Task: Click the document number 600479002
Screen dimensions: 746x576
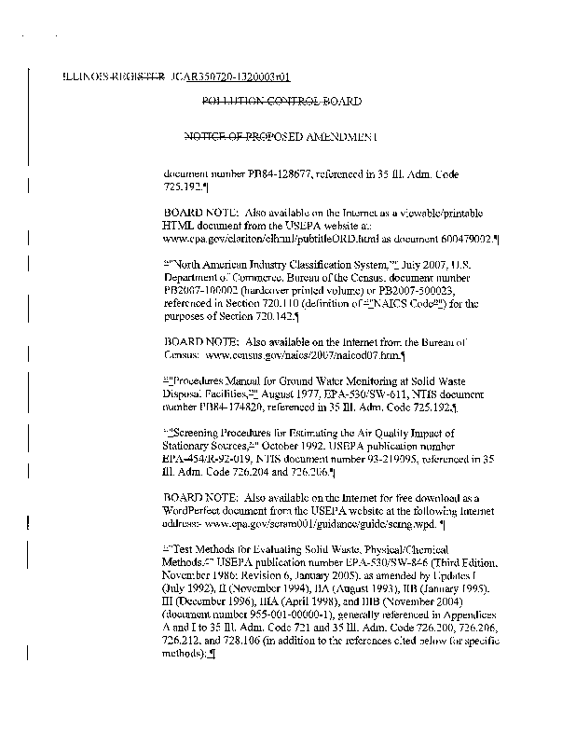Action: pyautogui.click(x=469, y=240)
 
